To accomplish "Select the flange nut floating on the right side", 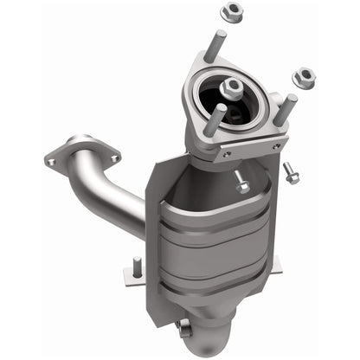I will coord(304,77).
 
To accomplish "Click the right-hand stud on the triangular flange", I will coord(287,107).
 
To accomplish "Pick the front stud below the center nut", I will coord(220,119).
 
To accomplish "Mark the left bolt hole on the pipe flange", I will coord(53,161).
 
